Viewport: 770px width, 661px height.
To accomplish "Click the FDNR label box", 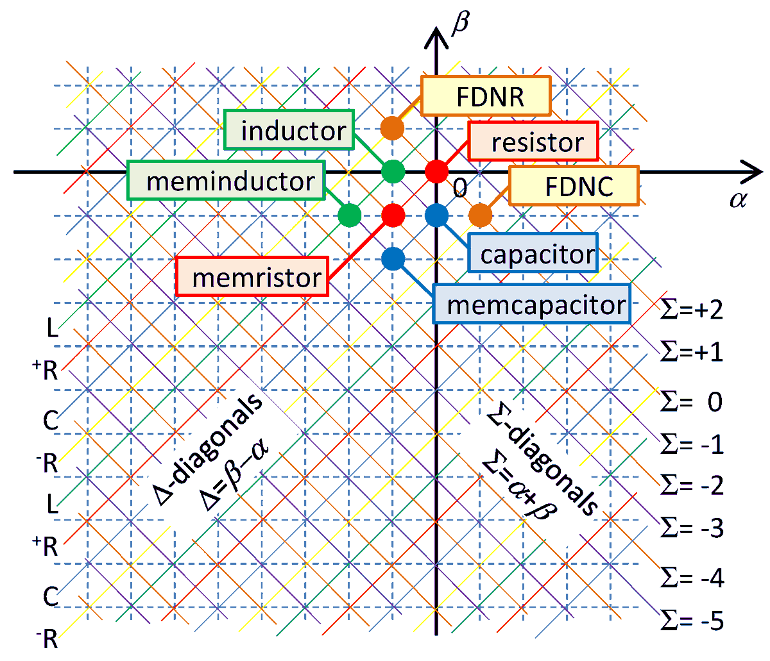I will click(x=486, y=97).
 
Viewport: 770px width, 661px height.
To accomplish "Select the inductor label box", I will click(x=289, y=130).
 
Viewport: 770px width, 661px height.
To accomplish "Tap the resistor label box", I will click(x=533, y=142).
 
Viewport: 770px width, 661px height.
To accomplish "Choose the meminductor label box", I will click(x=227, y=181).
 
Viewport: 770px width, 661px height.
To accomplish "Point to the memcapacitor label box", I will click(x=532, y=305).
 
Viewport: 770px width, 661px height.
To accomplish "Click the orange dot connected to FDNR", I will click(x=391, y=128).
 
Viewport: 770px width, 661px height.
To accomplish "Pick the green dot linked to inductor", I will click(x=393, y=171).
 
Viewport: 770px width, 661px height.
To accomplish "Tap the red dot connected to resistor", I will click(x=436, y=171).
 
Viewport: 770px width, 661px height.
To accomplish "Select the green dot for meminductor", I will click(x=349, y=215).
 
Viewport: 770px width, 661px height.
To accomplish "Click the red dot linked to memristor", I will click(x=393, y=215).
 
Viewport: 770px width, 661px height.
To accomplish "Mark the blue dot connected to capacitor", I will click(x=436, y=215).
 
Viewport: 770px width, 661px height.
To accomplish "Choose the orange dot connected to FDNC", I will click(x=480, y=215).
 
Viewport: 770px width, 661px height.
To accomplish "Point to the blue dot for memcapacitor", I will click(x=393, y=258).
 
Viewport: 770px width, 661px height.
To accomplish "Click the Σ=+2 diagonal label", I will click(x=692, y=310).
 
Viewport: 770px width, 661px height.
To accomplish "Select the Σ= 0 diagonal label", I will click(x=692, y=403).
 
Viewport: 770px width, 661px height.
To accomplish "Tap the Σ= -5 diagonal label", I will click(x=692, y=621).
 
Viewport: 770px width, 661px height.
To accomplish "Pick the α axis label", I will click(x=739, y=199).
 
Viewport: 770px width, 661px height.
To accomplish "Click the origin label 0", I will click(x=459, y=188).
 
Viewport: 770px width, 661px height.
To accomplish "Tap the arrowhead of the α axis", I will click(x=753, y=171).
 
